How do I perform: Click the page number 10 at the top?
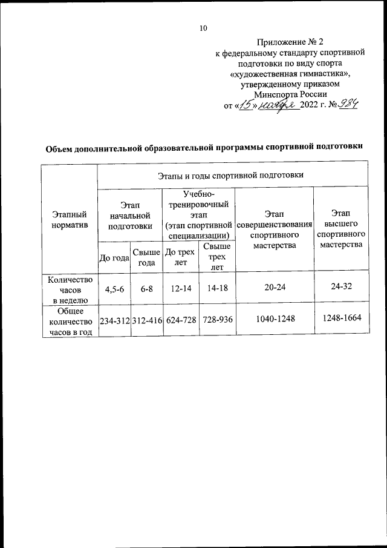203,28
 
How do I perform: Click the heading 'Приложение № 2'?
290,42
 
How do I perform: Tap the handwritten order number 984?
348,105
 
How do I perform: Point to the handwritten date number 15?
248,105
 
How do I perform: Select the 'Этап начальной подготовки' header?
129,217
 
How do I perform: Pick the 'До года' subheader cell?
114,257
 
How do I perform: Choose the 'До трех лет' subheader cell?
179,257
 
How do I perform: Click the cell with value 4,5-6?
114,289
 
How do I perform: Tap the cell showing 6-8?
146,289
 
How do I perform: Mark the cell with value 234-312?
114,320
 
